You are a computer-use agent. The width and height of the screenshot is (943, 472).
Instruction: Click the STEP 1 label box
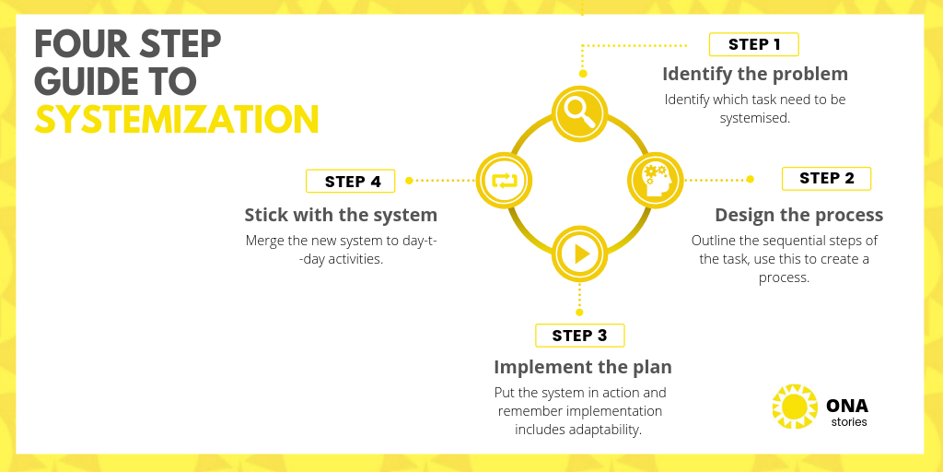coord(753,44)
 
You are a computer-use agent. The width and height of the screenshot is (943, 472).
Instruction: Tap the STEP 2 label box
coord(826,179)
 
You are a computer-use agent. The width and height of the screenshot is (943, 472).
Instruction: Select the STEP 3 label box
coord(580,336)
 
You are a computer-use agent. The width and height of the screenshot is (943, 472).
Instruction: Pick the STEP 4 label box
coord(351,182)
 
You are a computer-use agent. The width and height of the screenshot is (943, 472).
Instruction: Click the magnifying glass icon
coord(580,113)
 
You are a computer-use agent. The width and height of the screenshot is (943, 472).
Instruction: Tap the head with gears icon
coord(656,180)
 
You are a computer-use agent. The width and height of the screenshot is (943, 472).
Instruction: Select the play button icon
coord(580,254)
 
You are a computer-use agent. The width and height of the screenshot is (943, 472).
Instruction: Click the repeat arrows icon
coord(504,181)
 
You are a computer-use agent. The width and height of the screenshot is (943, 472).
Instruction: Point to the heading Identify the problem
coord(755,74)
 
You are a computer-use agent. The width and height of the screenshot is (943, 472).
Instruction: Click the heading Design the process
coord(798,215)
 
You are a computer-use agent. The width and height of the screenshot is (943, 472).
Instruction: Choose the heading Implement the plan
coord(583,367)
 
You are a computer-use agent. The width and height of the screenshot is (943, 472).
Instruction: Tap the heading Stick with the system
coord(341,215)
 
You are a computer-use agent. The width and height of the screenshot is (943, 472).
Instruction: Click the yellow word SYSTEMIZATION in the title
coord(176,119)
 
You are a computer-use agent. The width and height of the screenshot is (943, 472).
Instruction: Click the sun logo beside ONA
coord(795,407)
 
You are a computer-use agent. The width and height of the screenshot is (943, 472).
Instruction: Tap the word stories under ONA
coord(849,422)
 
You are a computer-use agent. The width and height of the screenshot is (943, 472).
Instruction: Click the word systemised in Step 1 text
coord(755,118)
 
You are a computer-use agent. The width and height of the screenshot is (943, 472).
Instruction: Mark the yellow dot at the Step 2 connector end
coord(750,179)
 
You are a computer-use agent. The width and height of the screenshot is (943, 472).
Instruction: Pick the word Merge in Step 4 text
coord(263,241)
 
